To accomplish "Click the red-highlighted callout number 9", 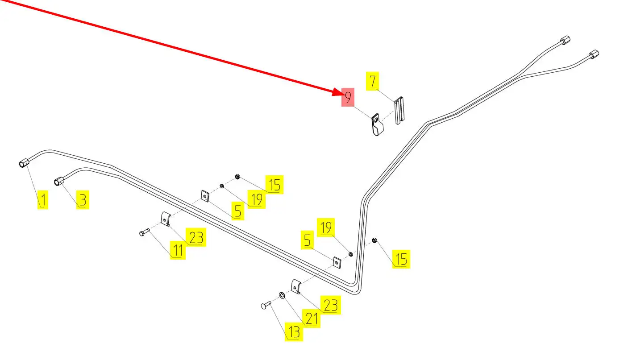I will (x=348, y=96).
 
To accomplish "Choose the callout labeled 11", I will (x=178, y=250).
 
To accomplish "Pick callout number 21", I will (x=311, y=318).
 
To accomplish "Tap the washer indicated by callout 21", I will (x=282, y=295).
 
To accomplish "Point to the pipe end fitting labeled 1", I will (x=24, y=164).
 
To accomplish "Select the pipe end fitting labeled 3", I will (x=59, y=181).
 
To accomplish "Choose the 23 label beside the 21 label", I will (x=330, y=306).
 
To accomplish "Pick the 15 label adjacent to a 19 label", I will (x=274, y=185).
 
